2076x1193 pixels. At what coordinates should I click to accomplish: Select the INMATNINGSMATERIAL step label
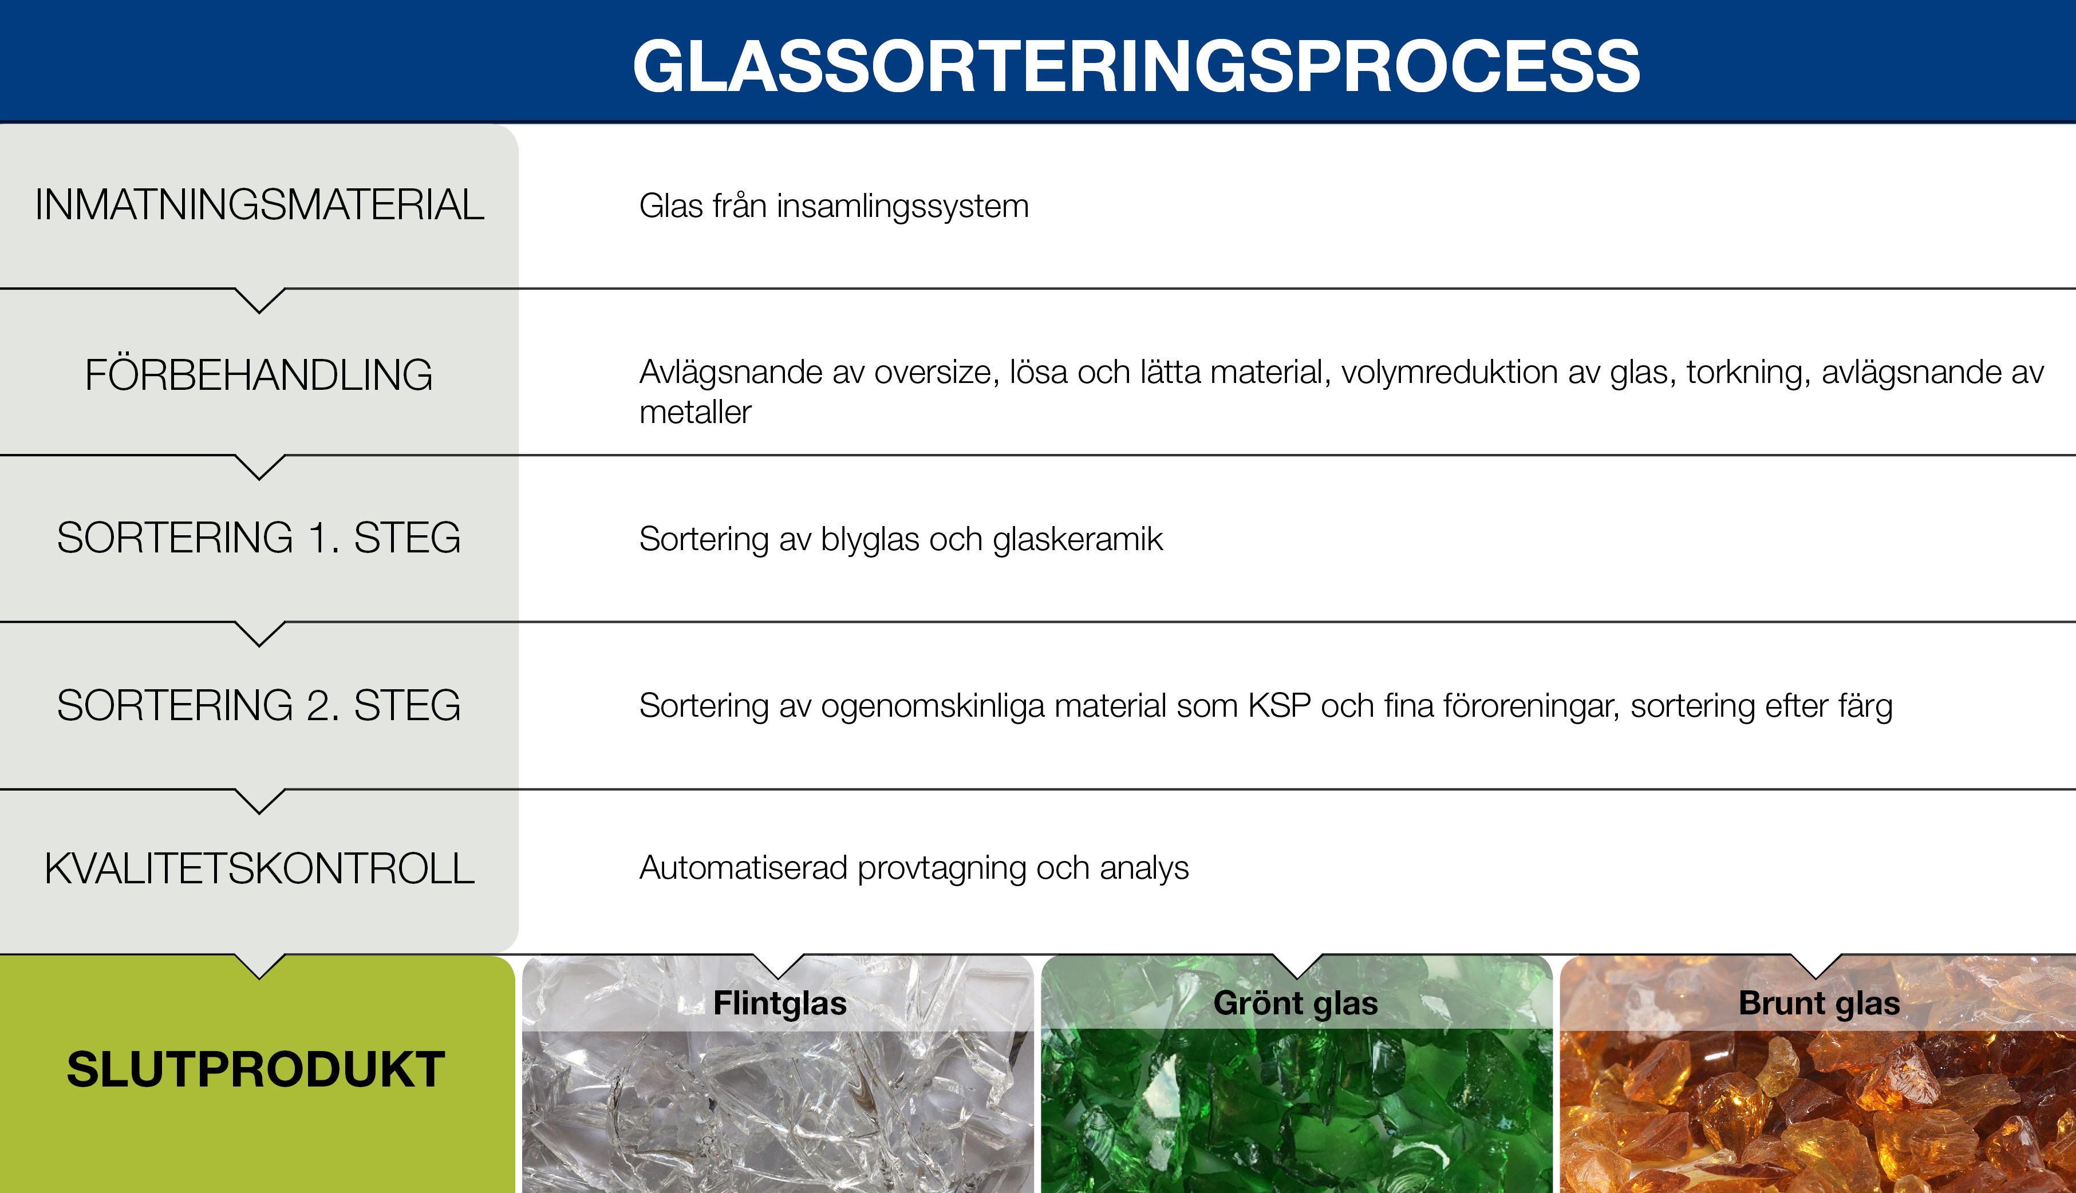point(259,205)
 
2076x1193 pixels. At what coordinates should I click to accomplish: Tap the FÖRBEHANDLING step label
point(259,376)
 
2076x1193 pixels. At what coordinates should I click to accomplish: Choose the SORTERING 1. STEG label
point(259,538)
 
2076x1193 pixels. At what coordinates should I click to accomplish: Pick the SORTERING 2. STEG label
point(259,705)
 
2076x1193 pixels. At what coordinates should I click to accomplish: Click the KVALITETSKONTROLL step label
point(259,868)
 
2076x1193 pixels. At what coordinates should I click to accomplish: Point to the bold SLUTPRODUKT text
point(255,1069)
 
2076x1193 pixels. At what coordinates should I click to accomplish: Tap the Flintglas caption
point(779,1004)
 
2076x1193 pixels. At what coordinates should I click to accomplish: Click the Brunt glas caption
point(1819,1004)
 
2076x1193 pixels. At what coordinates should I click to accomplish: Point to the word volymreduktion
point(1449,373)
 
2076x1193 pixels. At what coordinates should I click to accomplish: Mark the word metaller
point(694,413)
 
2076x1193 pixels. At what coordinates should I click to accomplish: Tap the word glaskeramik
point(1078,540)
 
